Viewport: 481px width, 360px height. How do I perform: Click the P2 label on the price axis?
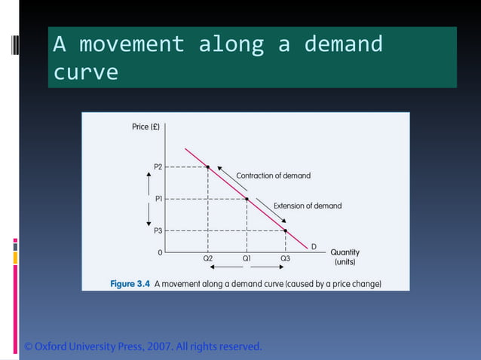click(157, 166)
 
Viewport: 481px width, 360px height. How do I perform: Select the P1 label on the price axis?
click(158, 199)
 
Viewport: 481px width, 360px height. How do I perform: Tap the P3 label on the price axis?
click(158, 230)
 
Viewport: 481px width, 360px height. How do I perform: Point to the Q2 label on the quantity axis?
click(208, 258)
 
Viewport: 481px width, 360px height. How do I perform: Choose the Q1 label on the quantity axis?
click(247, 258)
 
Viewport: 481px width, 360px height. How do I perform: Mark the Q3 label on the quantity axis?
click(285, 258)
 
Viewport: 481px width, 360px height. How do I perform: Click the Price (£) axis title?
click(146, 127)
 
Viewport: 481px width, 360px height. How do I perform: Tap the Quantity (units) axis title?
click(345, 258)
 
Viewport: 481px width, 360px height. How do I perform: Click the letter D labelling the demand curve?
click(314, 247)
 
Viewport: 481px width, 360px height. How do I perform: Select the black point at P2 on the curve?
click(208, 166)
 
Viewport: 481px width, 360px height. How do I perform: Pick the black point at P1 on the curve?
click(247, 199)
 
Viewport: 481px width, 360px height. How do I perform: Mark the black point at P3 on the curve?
click(286, 230)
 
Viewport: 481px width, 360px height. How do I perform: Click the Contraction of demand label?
click(273, 175)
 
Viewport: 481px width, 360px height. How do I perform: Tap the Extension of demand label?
click(307, 206)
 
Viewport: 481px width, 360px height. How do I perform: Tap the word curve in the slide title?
click(85, 72)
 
